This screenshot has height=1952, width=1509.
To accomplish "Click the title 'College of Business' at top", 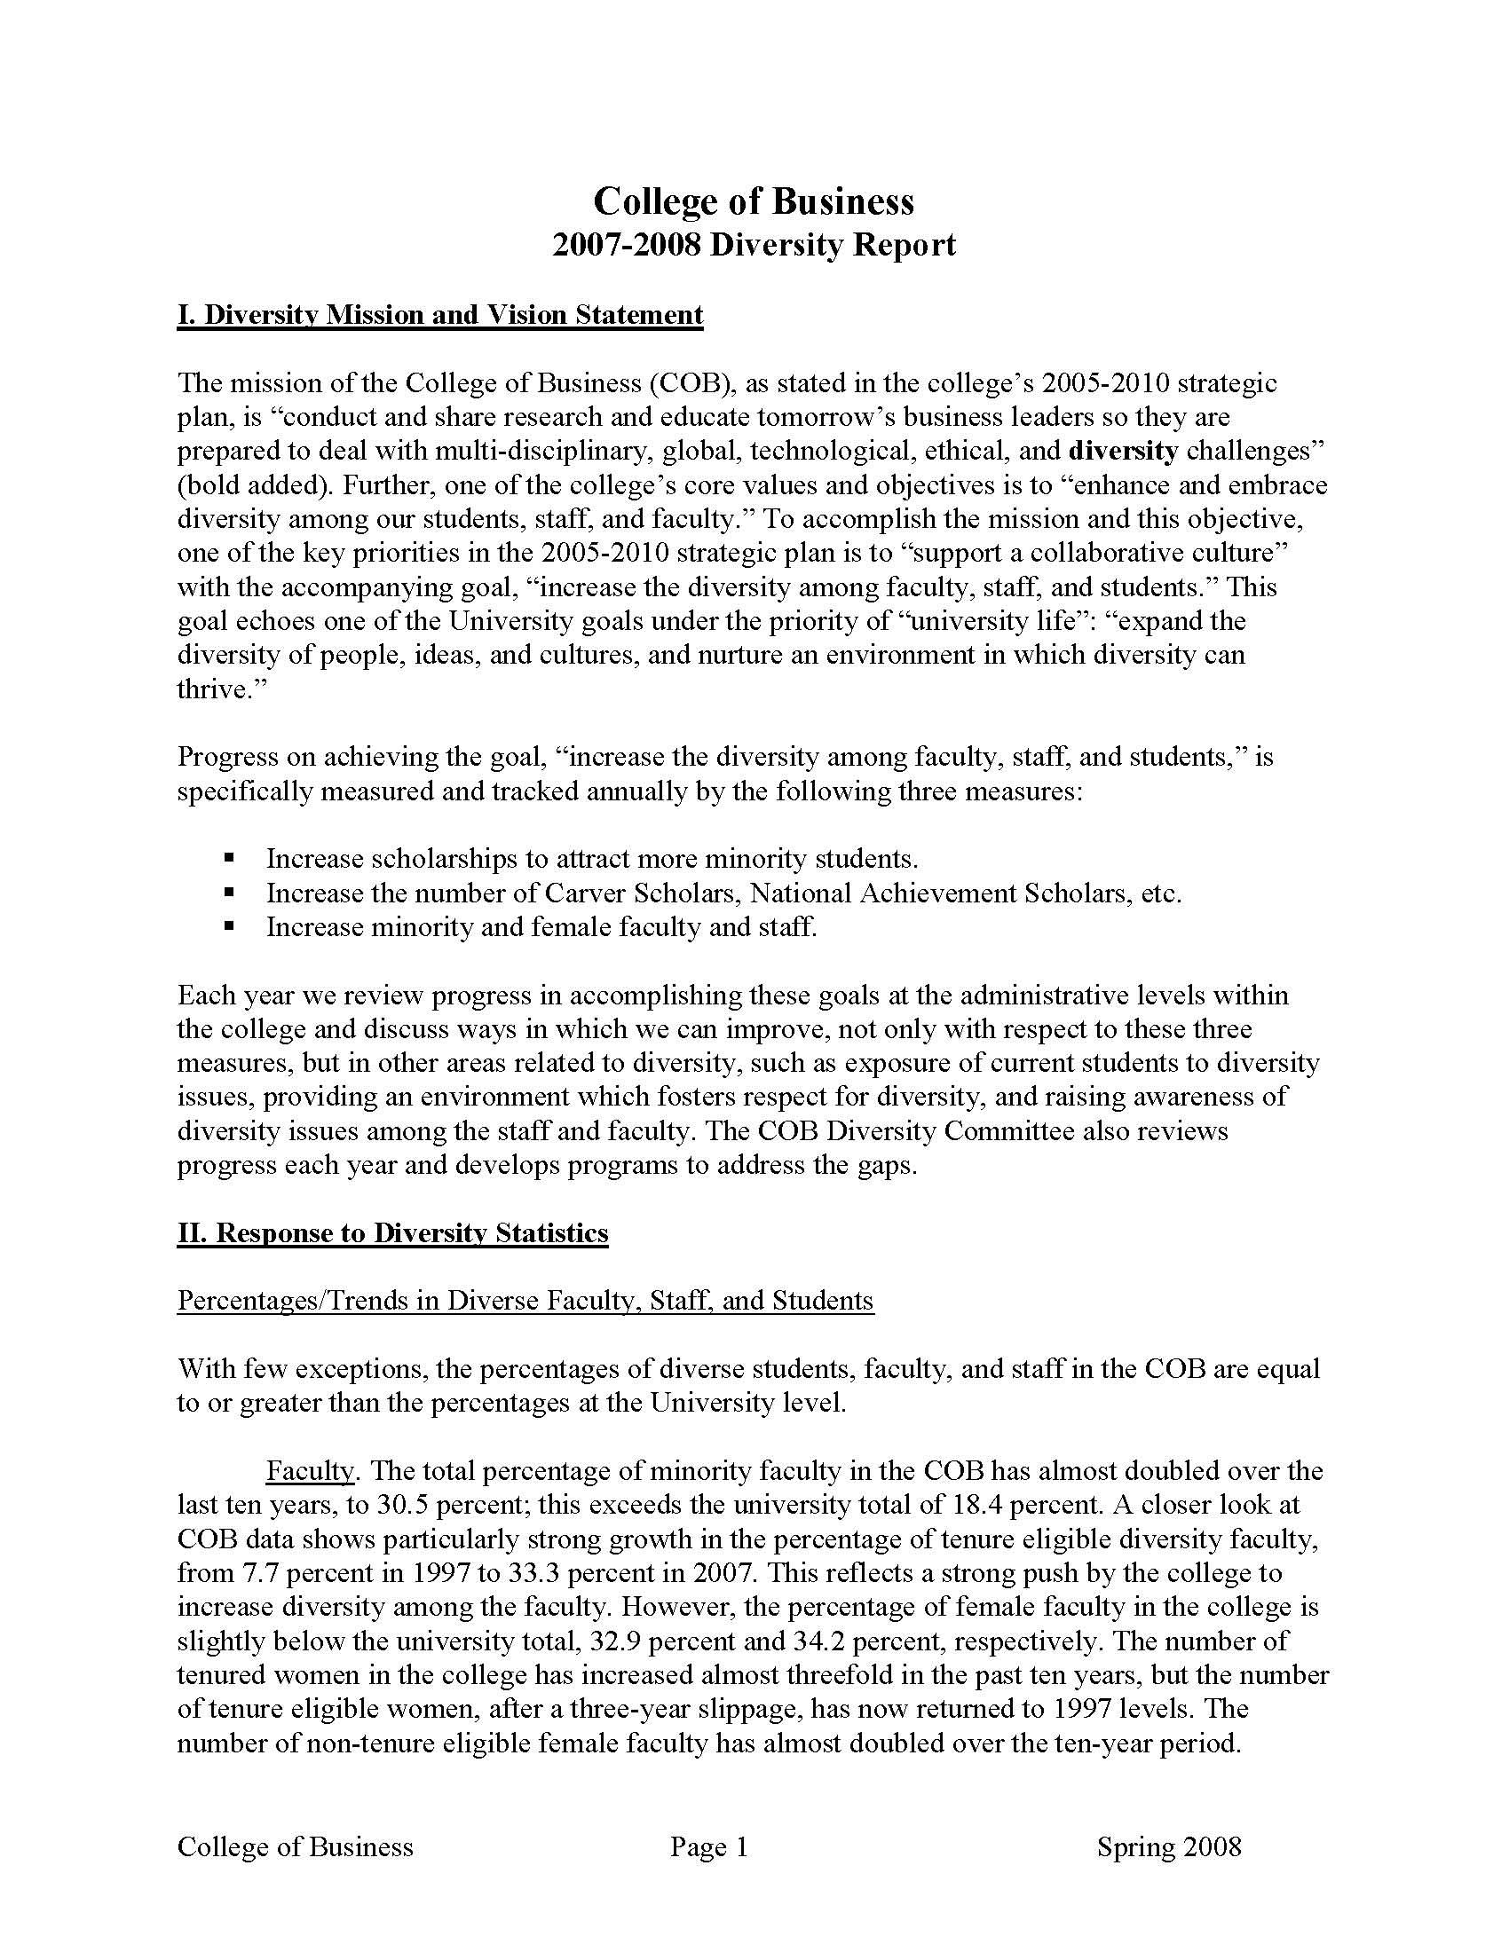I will click(x=754, y=201).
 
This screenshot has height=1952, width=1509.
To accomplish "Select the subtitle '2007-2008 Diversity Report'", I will click(x=754, y=245).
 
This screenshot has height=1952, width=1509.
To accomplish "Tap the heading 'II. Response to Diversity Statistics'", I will click(x=392, y=1233).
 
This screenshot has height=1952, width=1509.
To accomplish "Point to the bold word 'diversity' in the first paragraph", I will click(x=1123, y=452).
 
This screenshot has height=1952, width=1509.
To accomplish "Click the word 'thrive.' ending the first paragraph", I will click(x=214, y=689).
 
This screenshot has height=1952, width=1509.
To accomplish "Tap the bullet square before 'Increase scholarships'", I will click(x=230, y=858).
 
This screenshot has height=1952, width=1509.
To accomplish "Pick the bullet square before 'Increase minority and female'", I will click(x=230, y=927).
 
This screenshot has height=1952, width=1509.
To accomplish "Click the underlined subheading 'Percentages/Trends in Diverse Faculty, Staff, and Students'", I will click(x=525, y=1301).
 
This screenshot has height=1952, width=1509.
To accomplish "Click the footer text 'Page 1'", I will click(x=709, y=1847).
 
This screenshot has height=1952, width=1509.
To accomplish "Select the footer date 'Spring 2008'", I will click(x=1168, y=1847).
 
